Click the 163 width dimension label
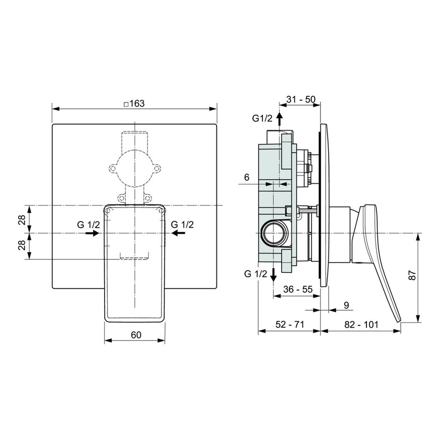pyautogui.click(x=136, y=103)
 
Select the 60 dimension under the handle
pyautogui.click(x=136, y=335)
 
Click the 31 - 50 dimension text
pyautogui.click(x=300, y=100)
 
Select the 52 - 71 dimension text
pyautogui.click(x=289, y=325)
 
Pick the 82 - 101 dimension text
pyautogui.click(x=360, y=325)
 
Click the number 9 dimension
pyautogui.click(x=346, y=305)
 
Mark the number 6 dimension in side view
pyautogui.click(x=247, y=178)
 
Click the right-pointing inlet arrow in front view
pyautogui.click(x=93, y=233)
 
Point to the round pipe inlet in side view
pyautogui.click(x=272, y=232)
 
